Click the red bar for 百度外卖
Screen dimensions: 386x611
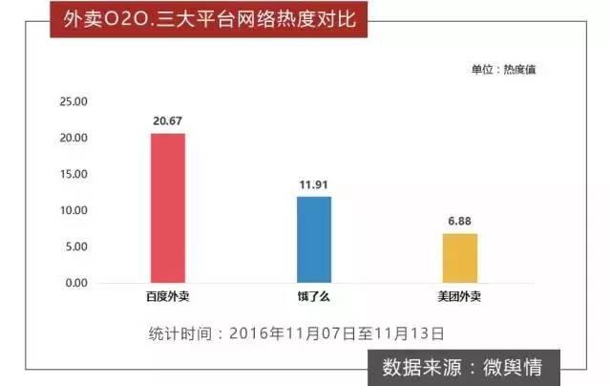(x=168, y=208)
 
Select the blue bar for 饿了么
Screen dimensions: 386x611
(x=313, y=240)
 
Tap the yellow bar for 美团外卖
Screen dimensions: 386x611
(x=459, y=258)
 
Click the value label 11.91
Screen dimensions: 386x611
(x=313, y=184)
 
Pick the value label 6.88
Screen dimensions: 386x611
(x=459, y=221)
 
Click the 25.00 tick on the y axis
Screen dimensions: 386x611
(x=74, y=101)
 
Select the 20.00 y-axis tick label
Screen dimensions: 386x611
(x=74, y=138)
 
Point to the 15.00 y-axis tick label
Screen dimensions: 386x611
(x=74, y=174)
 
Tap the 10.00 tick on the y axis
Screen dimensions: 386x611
(x=74, y=210)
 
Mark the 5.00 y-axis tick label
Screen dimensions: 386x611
(x=76, y=247)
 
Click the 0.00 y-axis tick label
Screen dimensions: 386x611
(x=76, y=283)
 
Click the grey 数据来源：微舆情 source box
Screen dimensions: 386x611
(x=469, y=367)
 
